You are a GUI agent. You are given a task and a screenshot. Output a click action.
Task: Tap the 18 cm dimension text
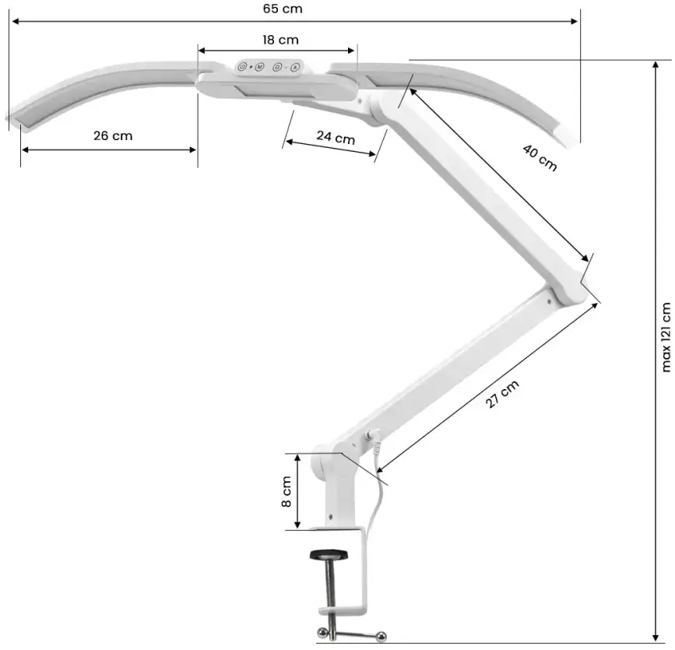click(279, 40)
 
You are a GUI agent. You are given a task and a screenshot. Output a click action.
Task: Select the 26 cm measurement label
click(113, 135)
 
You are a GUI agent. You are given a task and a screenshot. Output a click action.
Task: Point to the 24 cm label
click(336, 138)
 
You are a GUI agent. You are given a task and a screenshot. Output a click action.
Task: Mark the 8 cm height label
click(286, 492)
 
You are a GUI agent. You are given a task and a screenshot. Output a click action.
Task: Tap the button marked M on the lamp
click(259, 67)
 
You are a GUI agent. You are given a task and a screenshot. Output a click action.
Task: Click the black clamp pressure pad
click(329, 555)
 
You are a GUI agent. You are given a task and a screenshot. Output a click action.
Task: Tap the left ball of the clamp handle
click(320, 631)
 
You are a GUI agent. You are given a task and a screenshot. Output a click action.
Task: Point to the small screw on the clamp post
click(332, 515)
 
